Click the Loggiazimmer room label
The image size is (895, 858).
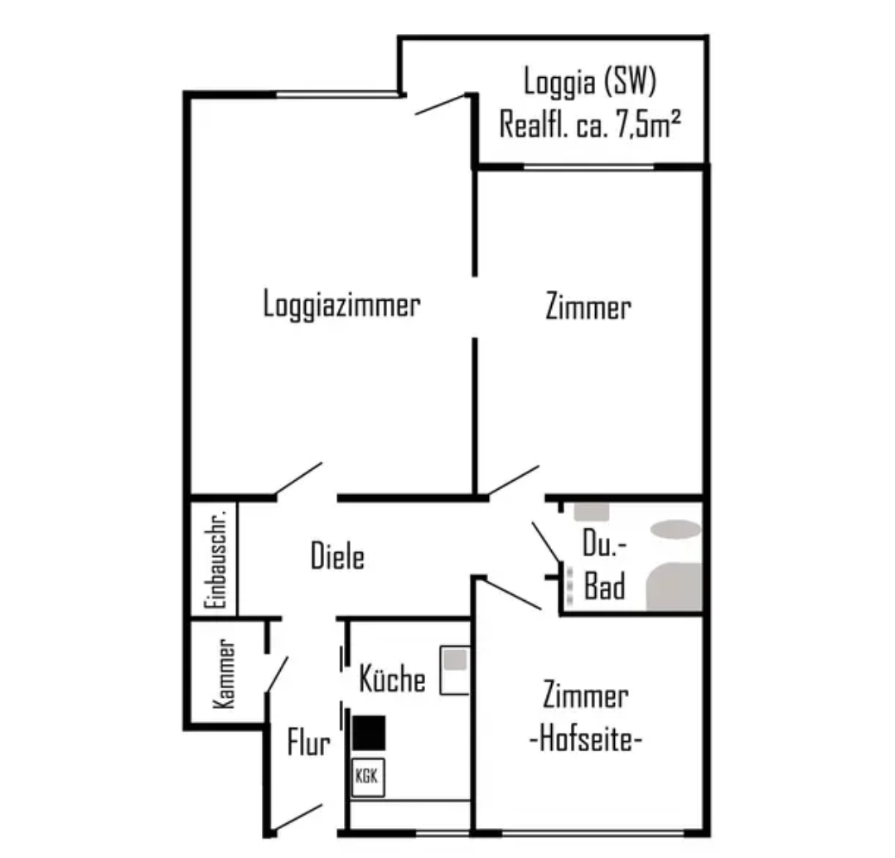click(x=341, y=304)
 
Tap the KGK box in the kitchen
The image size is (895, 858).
click(x=368, y=777)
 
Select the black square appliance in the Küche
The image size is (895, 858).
click(x=369, y=733)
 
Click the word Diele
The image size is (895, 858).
click(x=337, y=555)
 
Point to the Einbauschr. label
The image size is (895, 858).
click(x=215, y=560)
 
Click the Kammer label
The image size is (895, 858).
click(x=223, y=674)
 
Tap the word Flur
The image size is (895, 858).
click(x=309, y=742)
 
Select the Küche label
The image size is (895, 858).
click(x=393, y=678)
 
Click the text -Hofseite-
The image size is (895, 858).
click(x=586, y=739)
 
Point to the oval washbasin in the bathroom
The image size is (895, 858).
click(x=676, y=529)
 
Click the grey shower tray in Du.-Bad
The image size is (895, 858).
click(x=674, y=586)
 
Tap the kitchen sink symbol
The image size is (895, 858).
click(x=455, y=670)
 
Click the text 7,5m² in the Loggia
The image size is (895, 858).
click(x=648, y=124)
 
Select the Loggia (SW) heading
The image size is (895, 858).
click(x=590, y=81)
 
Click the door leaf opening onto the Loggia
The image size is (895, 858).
click(x=441, y=104)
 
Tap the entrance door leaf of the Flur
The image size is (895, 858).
click(x=298, y=817)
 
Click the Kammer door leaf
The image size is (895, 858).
click(x=277, y=675)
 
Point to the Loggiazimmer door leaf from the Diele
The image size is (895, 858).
click(x=298, y=478)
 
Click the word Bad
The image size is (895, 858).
click(x=604, y=586)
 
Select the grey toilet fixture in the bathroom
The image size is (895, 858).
click(x=592, y=511)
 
